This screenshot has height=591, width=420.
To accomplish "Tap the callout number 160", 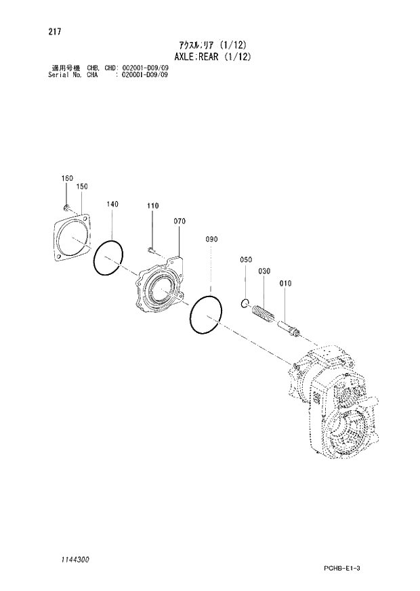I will click(66, 178).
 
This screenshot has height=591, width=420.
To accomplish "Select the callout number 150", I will click(82, 185).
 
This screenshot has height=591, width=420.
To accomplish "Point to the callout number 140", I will click(112, 204).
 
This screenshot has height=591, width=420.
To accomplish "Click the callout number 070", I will click(180, 221).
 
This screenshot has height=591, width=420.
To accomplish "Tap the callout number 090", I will click(211, 240).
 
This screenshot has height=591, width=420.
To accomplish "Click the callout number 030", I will click(264, 271).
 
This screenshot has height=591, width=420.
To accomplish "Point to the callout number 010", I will click(285, 284).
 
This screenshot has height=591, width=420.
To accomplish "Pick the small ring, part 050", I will click(246, 303).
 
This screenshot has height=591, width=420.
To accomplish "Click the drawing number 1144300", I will click(70, 561).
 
